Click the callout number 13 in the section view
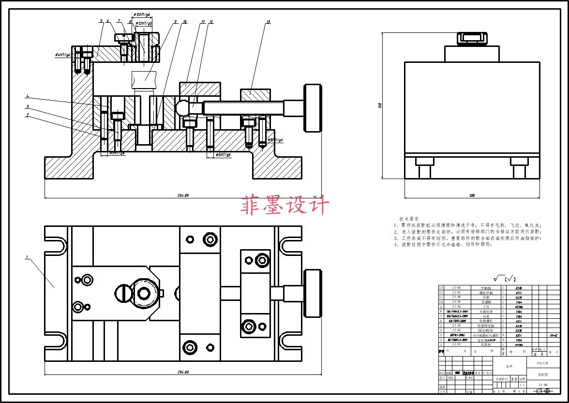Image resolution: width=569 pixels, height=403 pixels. point(268,22)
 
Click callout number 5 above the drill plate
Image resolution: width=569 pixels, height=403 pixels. point(102,21)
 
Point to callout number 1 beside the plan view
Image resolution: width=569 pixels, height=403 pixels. point(28,257)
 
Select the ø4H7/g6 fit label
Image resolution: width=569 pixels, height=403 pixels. point(63,55)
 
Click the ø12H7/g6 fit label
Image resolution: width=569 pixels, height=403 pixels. point(144,23)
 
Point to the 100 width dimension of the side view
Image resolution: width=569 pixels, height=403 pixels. point(472,195)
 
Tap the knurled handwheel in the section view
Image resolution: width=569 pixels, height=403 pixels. point(313,108)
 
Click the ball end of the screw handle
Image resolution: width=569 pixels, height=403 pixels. point(183,107)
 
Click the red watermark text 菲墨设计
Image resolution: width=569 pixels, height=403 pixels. point(285,205)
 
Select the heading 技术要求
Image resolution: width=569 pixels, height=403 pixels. point(409,219)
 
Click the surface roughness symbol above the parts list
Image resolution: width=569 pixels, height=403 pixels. point(498,279)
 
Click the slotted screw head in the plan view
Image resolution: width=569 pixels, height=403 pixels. point(124,293)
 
